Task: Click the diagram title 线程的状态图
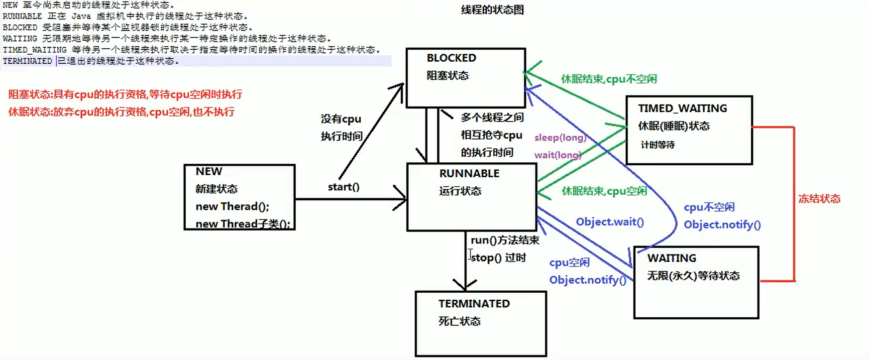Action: [492, 10]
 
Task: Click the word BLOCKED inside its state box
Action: [451, 58]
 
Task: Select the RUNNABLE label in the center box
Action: [469, 173]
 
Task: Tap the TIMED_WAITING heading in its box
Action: [682, 108]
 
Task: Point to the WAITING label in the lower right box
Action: [671, 258]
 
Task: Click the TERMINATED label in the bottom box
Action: [474, 304]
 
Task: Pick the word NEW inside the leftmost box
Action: [209, 171]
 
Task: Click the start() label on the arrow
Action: [343, 187]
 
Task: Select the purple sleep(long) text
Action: [560, 137]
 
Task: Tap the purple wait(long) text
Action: [557, 155]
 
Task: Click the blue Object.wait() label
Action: [609, 222]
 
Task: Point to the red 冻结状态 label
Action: [819, 199]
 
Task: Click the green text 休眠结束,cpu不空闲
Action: [609, 79]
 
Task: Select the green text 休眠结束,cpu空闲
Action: [604, 191]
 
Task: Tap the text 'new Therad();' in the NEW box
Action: [232, 206]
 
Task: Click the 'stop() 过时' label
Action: [498, 257]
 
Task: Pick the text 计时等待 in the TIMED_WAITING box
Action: [657, 145]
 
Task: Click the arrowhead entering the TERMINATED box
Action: [465, 286]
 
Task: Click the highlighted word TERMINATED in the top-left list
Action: [27, 61]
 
